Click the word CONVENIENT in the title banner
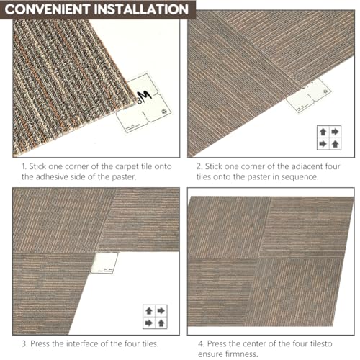click(47, 9)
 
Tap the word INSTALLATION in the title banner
click(141, 9)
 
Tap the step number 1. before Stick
click(24, 166)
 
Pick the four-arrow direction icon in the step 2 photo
click(329, 138)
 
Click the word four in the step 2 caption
click(333, 166)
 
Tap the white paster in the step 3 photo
click(104, 263)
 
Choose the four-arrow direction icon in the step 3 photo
click(155, 317)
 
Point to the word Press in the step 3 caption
click(40, 343)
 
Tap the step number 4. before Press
click(202, 343)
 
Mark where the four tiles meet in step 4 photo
click(258, 258)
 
